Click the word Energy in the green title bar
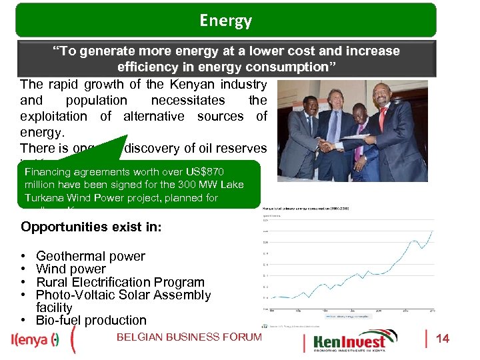coord(225,21)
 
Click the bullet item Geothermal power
coord(90,256)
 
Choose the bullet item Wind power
coord(71,269)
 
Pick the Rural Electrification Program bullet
coord(120,282)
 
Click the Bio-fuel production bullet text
coord(91,320)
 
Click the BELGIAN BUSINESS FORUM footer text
coord(189,337)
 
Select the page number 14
coord(442,339)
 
